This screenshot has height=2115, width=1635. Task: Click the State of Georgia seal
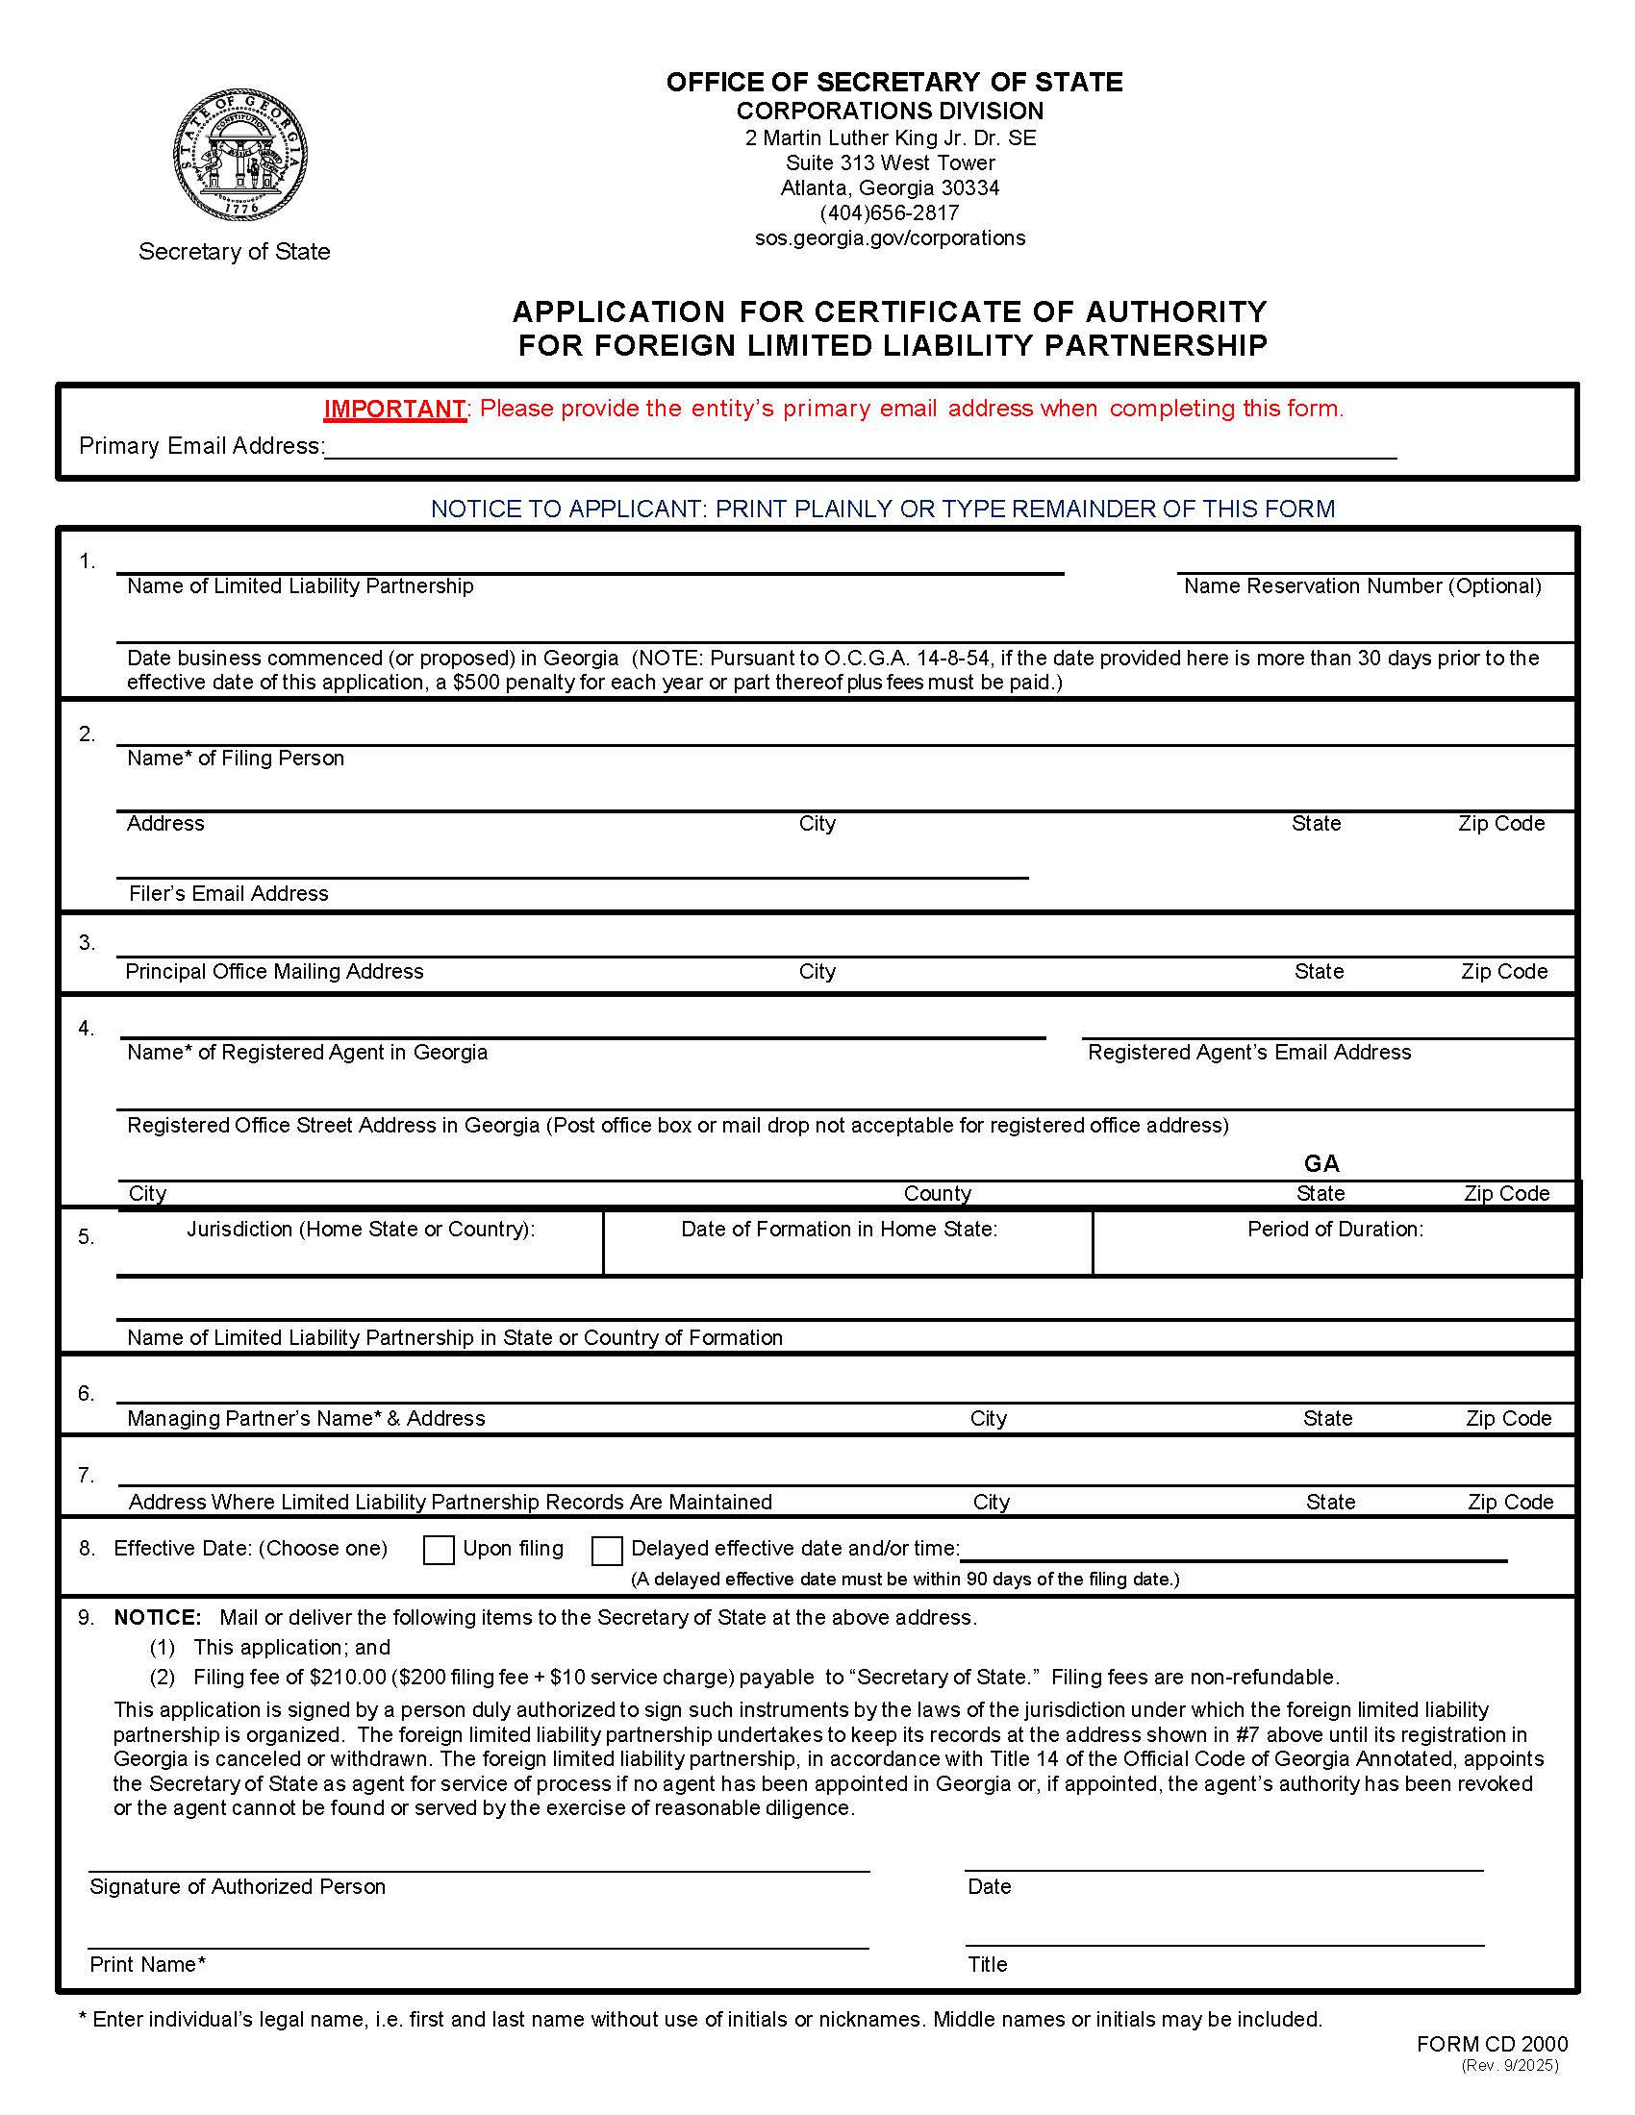tap(241, 155)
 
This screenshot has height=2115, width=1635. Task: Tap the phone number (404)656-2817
tap(890, 213)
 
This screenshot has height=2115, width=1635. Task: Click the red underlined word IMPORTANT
tap(394, 409)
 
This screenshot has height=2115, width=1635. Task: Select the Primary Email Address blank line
tap(860, 447)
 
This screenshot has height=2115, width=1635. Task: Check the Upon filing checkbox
tap(439, 1551)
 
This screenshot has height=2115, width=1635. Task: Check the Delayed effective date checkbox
tap(606, 1551)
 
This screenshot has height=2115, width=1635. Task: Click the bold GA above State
tap(1321, 1163)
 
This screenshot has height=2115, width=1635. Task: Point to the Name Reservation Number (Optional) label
tap(1362, 585)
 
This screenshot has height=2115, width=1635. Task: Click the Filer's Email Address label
tap(229, 893)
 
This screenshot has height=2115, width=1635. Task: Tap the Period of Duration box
tap(1334, 1243)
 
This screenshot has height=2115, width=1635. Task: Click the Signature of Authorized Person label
tap(238, 1886)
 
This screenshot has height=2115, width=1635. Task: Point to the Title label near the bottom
tap(987, 1964)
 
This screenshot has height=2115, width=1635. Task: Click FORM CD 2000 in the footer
tap(1491, 2044)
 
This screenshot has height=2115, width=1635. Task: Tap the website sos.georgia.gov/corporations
tap(890, 238)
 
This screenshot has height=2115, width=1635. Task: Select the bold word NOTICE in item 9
tap(157, 1617)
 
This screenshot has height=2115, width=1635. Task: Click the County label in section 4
tap(937, 1193)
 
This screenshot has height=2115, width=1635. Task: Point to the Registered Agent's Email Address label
tap(1248, 1052)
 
